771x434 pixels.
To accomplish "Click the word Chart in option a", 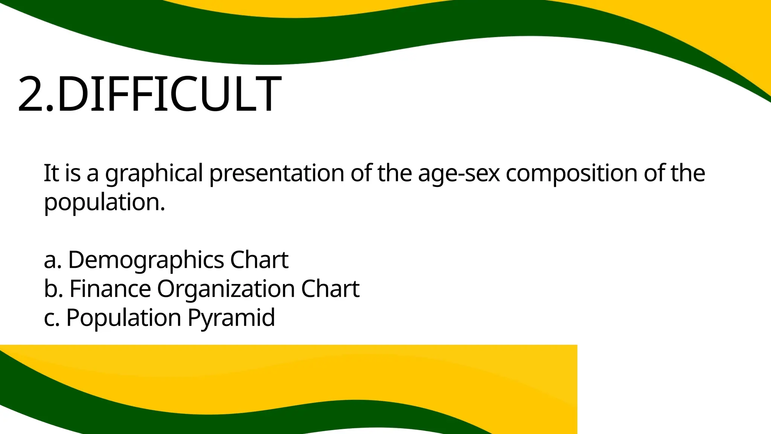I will [x=259, y=260].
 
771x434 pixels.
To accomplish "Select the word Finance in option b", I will [x=110, y=289].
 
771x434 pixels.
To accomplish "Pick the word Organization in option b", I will [x=226, y=289].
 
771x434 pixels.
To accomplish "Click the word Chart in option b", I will [x=330, y=289].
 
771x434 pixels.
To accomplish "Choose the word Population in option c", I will [x=124, y=318].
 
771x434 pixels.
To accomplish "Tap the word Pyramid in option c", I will [x=231, y=318].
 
